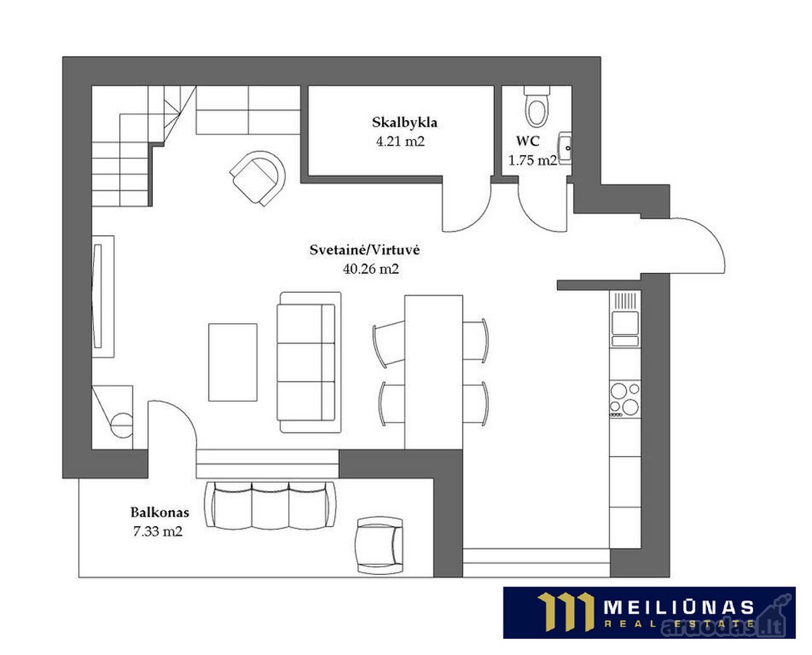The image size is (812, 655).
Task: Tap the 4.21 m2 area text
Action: click(x=400, y=141)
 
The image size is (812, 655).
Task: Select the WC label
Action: click(x=528, y=141)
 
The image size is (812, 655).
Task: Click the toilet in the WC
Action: click(x=536, y=107)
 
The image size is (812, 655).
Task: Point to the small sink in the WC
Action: click(x=565, y=147)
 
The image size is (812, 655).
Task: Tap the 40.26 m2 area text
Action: click(x=371, y=269)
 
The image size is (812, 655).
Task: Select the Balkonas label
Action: click(x=159, y=513)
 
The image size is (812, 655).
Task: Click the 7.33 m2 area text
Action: click(x=158, y=531)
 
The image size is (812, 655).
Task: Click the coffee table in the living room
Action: click(x=233, y=362)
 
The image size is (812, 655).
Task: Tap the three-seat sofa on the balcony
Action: click(x=271, y=506)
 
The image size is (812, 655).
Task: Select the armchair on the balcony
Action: click(x=380, y=544)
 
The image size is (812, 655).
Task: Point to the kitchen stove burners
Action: click(x=624, y=400)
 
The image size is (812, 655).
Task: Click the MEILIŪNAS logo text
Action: click(x=678, y=607)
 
